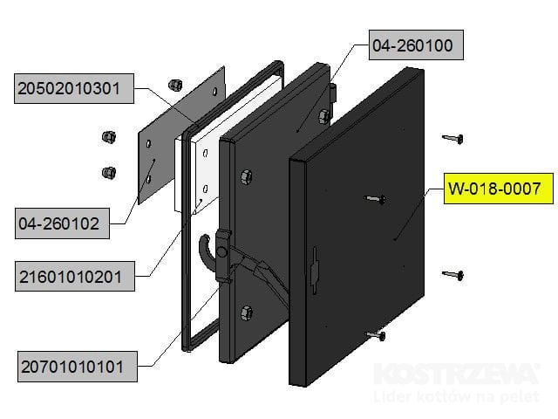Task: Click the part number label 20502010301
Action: pos(74,88)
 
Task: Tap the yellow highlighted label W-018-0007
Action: pos(500,188)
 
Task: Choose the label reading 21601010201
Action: pos(76,278)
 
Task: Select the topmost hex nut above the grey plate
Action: pos(174,82)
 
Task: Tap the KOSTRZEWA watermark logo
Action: pos(454,375)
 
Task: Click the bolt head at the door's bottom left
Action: pos(246,312)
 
